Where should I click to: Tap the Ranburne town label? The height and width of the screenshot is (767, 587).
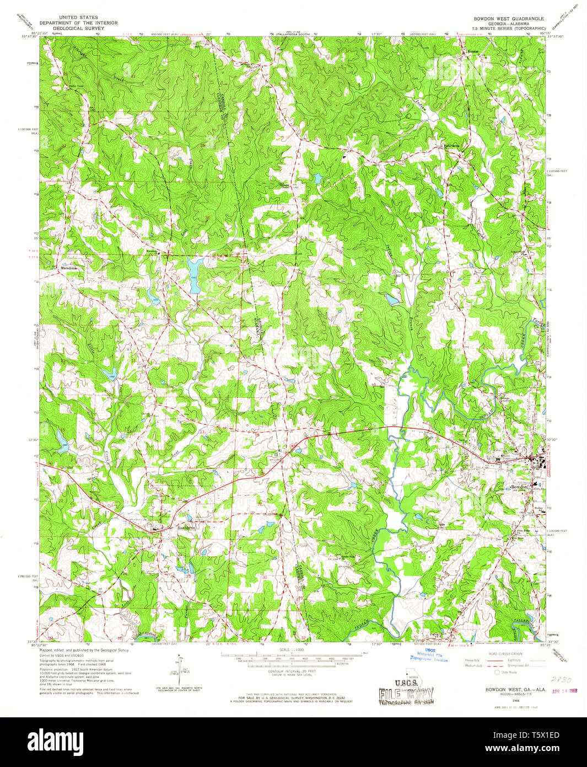tap(186, 527)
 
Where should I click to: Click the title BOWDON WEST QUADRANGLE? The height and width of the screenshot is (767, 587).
tap(508, 18)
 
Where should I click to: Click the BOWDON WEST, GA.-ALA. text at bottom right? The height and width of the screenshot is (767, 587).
tap(508, 689)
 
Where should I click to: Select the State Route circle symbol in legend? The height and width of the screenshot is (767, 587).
tap(497, 672)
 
